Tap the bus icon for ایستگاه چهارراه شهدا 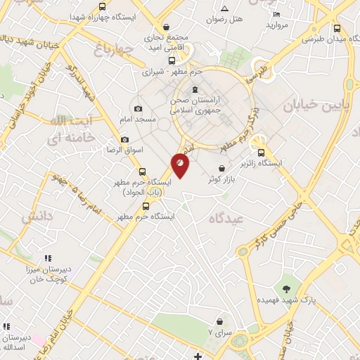[x=103, y=7]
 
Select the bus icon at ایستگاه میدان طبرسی [x=337, y=29]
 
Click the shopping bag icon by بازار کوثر [x=223, y=169]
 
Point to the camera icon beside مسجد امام [x=138, y=108]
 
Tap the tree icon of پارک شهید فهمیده [x=286, y=288]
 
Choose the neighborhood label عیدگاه [x=224, y=219]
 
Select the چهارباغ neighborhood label [x=112, y=50]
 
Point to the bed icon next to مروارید [x=276, y=15]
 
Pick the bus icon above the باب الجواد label [x=143, y=172]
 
